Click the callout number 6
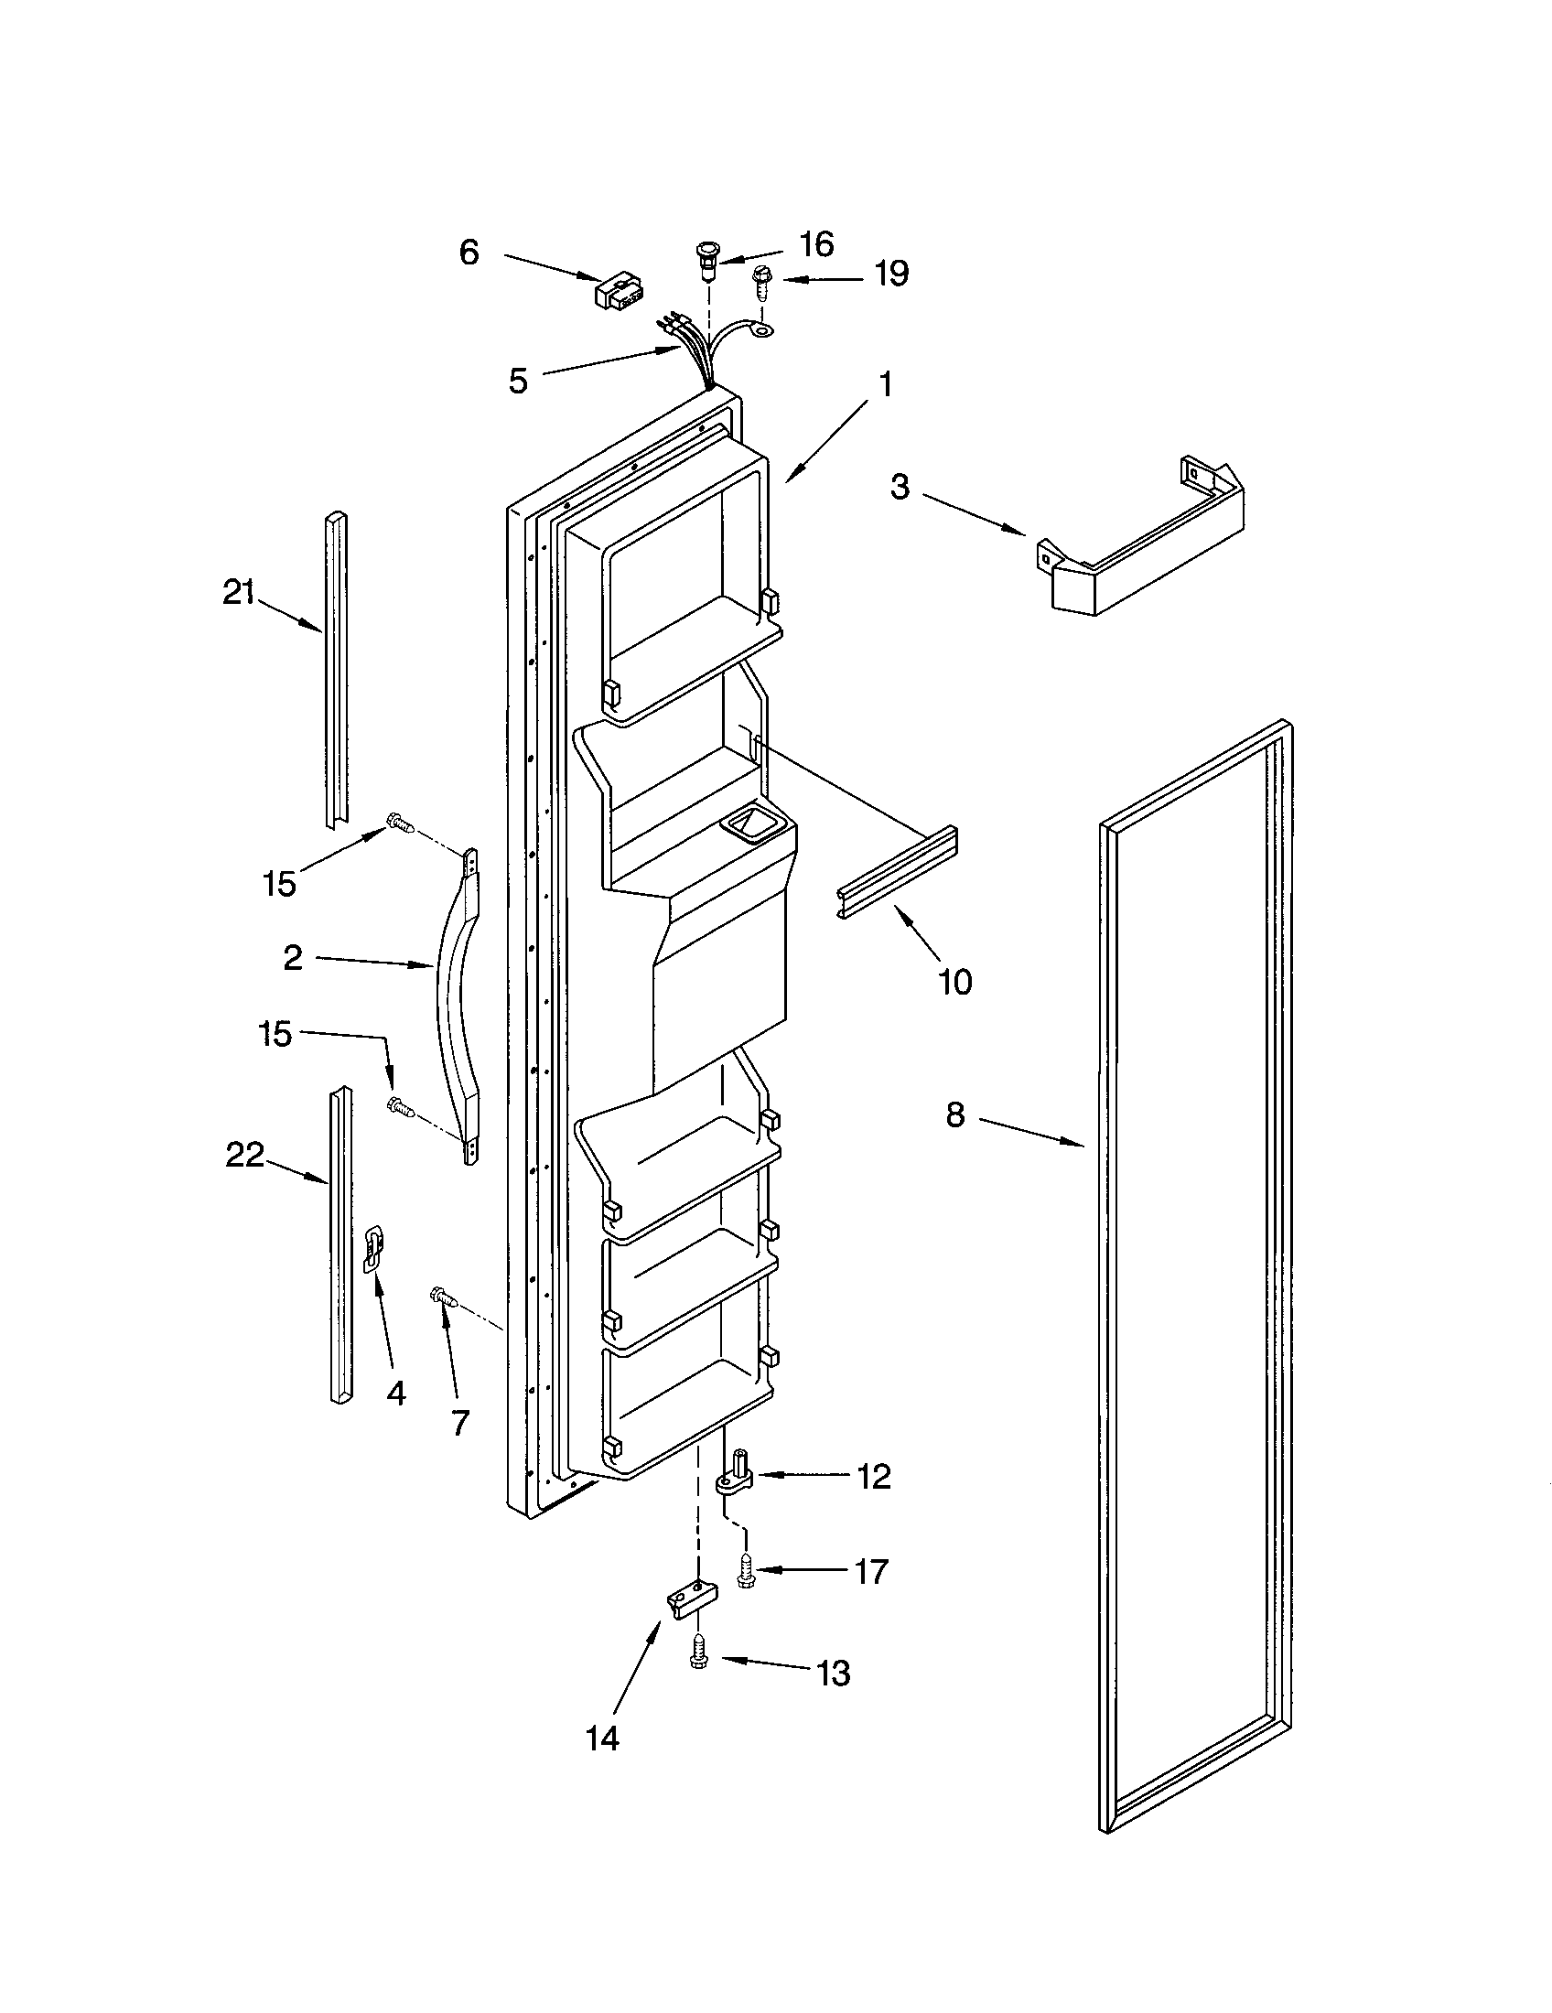point(469,252)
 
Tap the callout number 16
point(815,244)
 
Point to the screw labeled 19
point(763,280)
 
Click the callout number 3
point(900,487)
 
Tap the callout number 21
point(239,592)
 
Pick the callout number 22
point(245,1155)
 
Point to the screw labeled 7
point(444,1297)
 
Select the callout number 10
point(954,983)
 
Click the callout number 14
point(602,1738)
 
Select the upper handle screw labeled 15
point(400,823)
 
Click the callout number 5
point(518,381)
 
